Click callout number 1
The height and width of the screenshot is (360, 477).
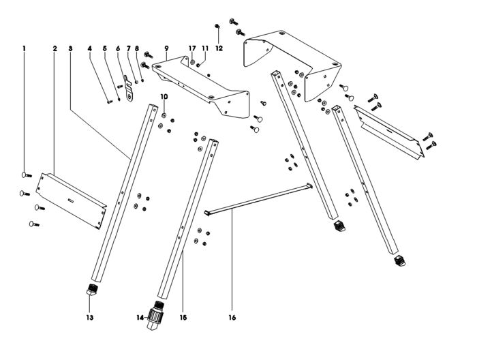pos(25,48)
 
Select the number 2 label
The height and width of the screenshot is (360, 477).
pos(55,48)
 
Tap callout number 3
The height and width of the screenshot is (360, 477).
pos(71,48)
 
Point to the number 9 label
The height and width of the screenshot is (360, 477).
pos(166,48)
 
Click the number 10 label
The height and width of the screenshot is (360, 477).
pos(164,96)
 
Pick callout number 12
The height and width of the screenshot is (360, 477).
pos(219,48)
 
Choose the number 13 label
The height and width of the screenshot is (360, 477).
pos(89,318)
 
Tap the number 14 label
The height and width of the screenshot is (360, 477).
pos(140,318)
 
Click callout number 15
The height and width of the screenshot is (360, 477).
pos(183,318)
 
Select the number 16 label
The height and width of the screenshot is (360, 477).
pos(232,318)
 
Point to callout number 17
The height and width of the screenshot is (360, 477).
pos(192,48)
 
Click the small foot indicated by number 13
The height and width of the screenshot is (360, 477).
pos(92,288)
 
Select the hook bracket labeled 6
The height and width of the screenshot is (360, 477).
pos(129,90)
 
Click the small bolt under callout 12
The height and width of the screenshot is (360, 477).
pos(217,26)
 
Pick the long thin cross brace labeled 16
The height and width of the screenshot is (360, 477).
pos(259,200)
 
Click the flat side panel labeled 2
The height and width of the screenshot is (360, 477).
pos(71,201)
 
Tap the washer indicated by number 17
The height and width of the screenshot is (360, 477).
pos(193,62)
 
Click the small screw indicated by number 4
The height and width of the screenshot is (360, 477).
pos(110,102)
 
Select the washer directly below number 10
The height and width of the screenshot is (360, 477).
pos(164,115)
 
